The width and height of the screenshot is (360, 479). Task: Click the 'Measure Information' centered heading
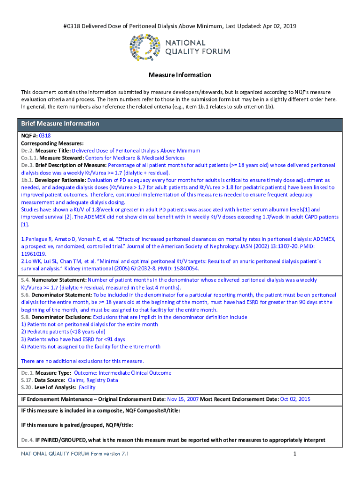[x=180, y=75]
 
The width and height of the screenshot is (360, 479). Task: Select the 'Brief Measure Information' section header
[x=59, y=124]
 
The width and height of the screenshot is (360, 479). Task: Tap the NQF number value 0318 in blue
[x=45, y=136]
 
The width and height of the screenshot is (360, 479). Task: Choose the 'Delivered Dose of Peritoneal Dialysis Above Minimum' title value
[x=136, y=151]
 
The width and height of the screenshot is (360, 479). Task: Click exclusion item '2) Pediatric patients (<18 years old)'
[x=63, y=332]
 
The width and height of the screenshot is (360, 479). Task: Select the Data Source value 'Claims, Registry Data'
[x=93, y=380]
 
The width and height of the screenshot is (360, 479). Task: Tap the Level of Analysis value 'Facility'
[x=87, y=388]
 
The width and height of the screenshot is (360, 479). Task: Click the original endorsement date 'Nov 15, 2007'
[x=183, y=399]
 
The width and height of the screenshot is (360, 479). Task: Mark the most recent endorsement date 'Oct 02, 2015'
[x=295, y=399]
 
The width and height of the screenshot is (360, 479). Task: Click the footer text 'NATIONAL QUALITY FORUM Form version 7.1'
[x=75, y=454]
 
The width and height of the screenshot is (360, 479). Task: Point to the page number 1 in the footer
[x=295, y=454]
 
